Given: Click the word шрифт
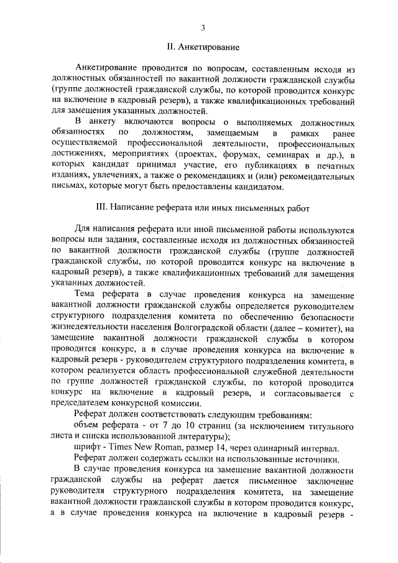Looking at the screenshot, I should [x=86, y=448].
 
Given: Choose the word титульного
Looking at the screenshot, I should [x=329, y=424].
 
